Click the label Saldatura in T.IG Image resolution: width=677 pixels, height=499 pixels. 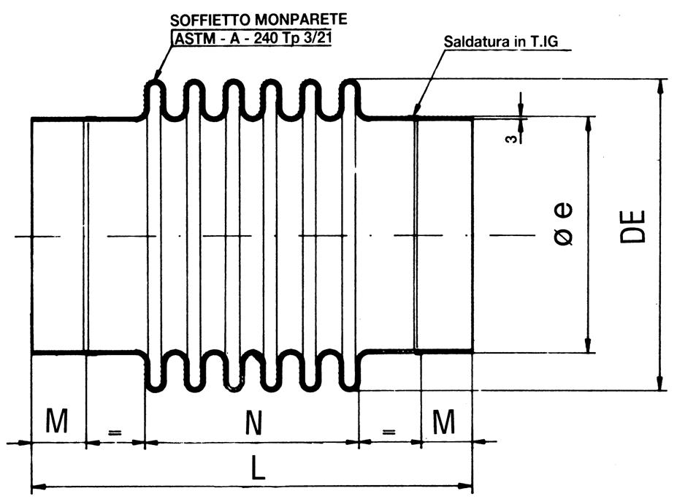499,42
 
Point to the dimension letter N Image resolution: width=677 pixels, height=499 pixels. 253,422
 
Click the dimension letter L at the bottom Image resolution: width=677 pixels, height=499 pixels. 258,469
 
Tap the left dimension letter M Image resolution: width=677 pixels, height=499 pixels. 57,422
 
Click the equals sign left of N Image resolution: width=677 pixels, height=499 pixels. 115,433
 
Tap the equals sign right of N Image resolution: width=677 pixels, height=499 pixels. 389,433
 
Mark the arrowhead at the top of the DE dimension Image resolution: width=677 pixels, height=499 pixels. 660,84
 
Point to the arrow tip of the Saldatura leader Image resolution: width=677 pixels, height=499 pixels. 414,115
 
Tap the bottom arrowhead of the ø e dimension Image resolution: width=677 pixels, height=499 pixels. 588,348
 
